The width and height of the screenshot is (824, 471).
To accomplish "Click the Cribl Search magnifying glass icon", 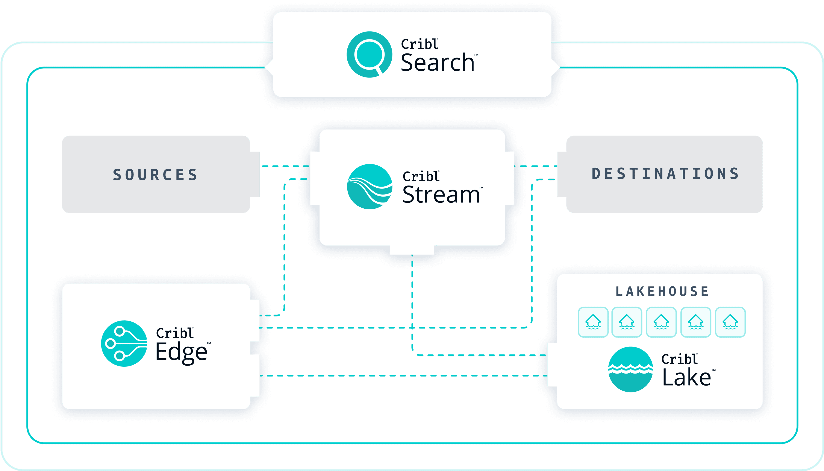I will (x=369, y=54).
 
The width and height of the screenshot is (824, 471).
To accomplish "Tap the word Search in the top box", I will (x=437, y=62).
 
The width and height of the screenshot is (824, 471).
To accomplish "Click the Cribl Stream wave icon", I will (x=370, y=187).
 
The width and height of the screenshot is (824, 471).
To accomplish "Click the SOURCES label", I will (x=155, y=175).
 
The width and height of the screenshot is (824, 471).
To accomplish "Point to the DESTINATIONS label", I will (x=665, y=174).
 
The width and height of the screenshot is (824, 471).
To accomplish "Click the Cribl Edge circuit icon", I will (x=124, y=343).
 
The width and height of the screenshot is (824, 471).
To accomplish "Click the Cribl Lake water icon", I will (x=630, y=369).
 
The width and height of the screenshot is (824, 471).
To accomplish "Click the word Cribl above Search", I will (x=419, y=44).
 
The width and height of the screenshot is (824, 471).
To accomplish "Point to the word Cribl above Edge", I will (x=174, y=333).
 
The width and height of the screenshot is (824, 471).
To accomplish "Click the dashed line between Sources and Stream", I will (x=285, y=166).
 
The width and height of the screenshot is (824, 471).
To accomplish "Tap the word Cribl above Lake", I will (x=679, y=359).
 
